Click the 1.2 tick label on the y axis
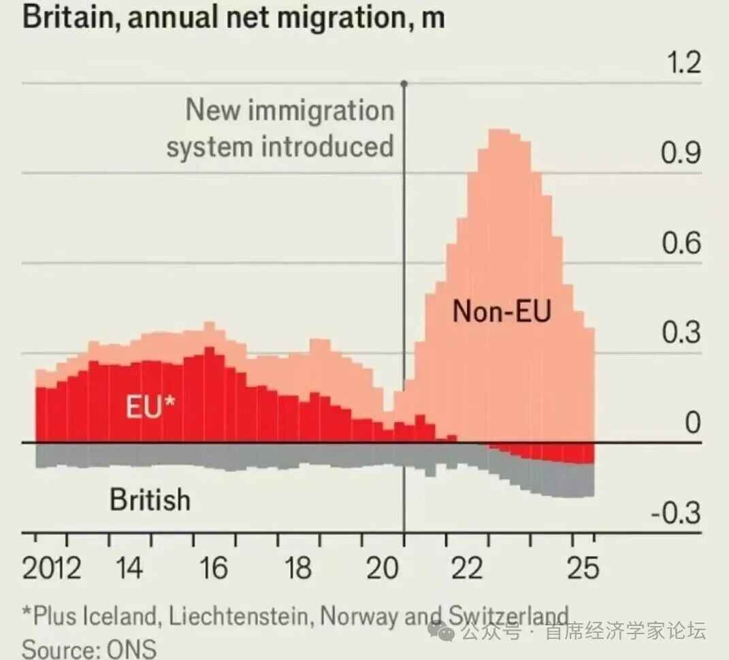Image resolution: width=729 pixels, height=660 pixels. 683,64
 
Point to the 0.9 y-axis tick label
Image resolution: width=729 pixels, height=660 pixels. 681,154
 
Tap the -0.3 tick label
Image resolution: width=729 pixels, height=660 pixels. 675,514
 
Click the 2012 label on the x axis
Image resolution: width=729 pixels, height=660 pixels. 52,568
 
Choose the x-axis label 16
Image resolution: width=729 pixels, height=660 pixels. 214,568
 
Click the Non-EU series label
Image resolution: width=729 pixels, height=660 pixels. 502,312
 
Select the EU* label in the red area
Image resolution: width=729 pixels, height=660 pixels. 150,408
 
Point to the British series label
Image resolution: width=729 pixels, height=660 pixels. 150,500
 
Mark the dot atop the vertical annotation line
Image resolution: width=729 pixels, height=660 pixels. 404,84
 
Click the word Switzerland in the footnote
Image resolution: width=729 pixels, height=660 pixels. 507,616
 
